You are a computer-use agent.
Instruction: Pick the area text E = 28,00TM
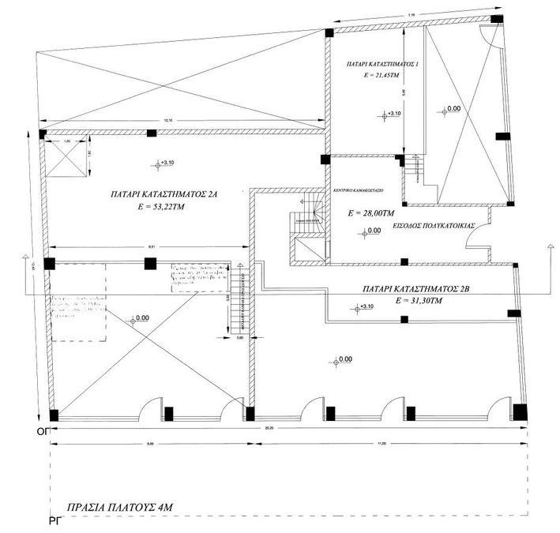(371, 213)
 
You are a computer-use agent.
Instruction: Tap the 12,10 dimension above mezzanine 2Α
(167, 120)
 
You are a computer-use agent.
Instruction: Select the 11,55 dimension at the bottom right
(384, 443)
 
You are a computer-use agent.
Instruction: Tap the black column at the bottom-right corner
(519, 411)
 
